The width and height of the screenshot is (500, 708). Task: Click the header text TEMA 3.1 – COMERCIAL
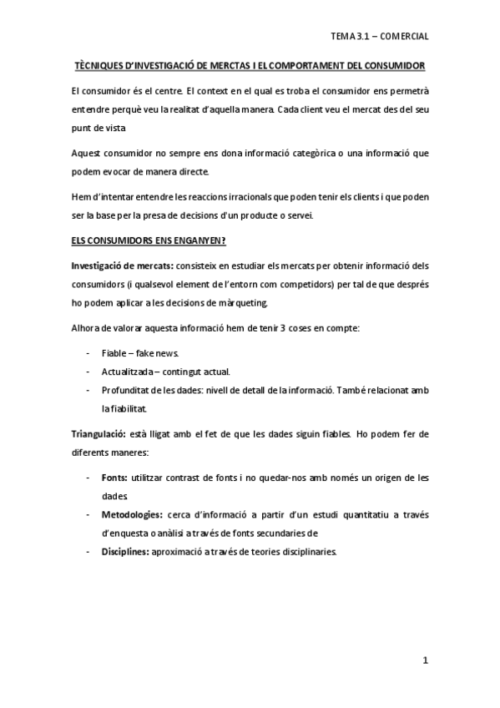coord(379,37)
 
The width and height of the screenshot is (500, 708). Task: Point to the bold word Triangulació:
coord(98,434)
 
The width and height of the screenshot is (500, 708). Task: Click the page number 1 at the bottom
coord(425,661)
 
